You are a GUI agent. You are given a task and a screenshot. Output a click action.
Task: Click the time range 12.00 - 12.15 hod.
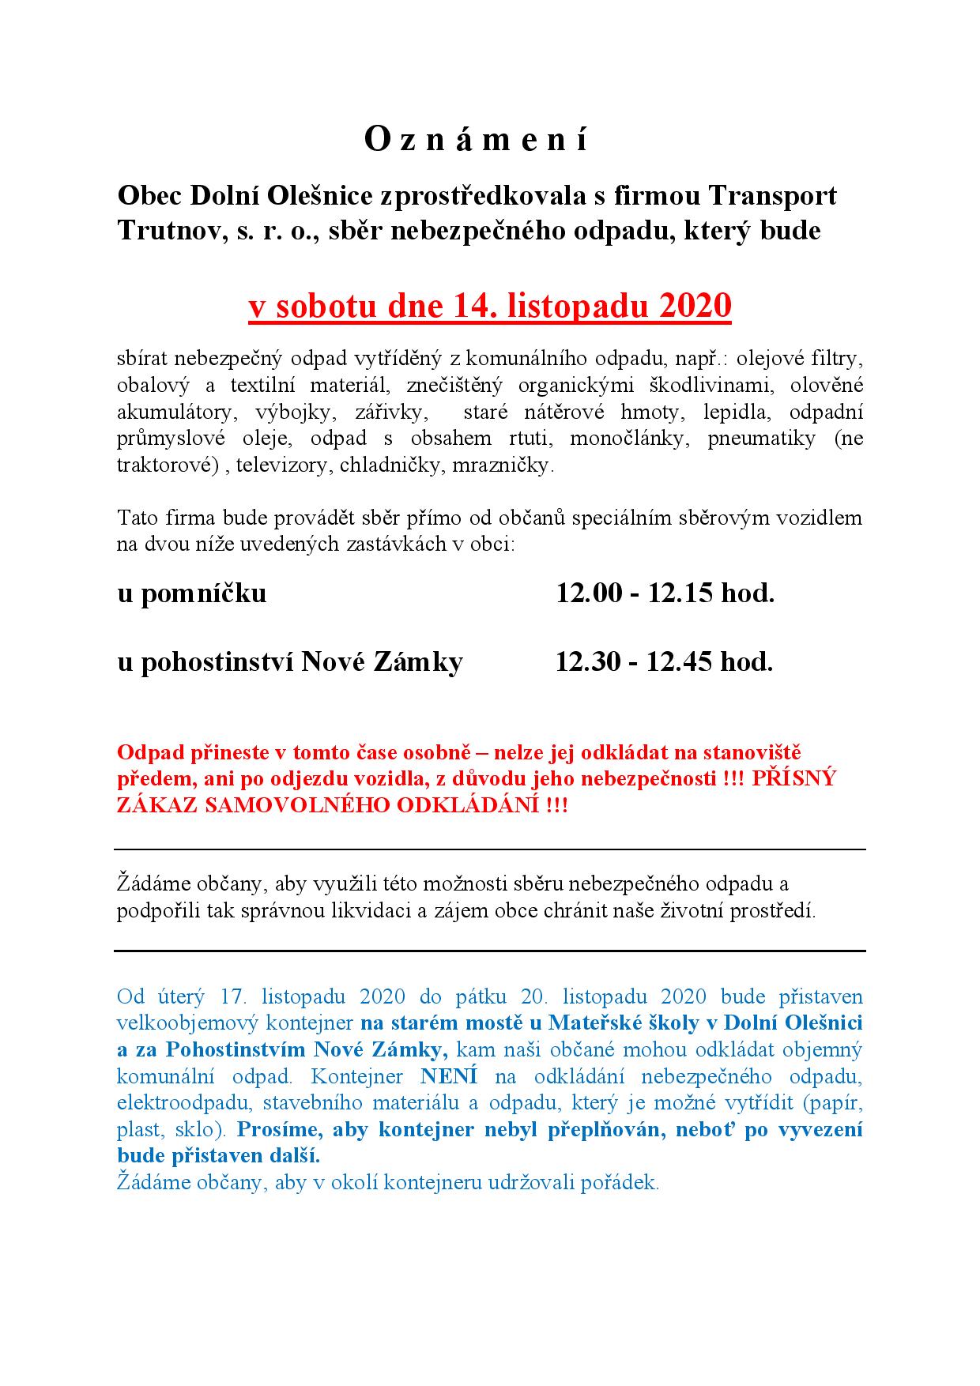665,593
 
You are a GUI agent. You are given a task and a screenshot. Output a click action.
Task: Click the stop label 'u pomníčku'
192,593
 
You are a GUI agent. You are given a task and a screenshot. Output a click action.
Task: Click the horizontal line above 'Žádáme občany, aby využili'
490,849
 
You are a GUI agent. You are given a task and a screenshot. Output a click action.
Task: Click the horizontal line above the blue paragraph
490,951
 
